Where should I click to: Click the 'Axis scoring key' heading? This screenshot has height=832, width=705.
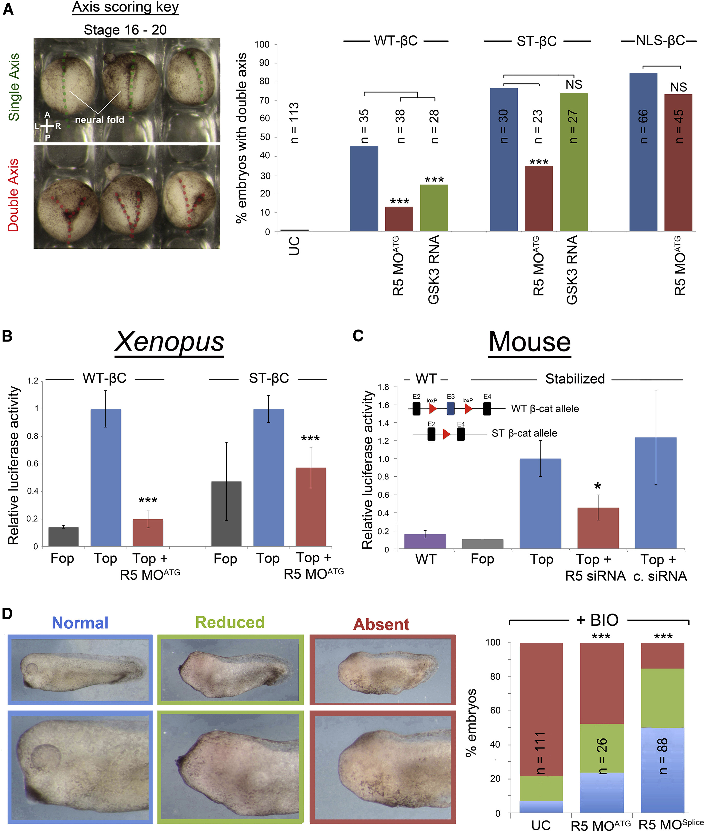(125, 8)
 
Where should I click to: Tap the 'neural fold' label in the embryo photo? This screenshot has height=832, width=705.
(100, 119)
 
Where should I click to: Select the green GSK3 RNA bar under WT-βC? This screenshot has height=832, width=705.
(434, 208)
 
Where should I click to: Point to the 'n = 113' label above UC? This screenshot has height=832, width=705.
(294, 123)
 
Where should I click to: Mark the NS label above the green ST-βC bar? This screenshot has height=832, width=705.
(574, 85)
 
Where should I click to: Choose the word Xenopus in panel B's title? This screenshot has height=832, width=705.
(169, 342)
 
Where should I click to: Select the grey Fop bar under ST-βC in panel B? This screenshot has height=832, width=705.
(226, 513)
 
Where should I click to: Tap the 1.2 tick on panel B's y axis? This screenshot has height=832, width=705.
(33, 381)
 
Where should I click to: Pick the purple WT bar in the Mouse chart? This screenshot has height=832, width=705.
(425, 541)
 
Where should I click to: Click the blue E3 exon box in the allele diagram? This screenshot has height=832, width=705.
(450, 408)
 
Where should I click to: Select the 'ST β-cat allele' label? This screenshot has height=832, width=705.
(524, 433)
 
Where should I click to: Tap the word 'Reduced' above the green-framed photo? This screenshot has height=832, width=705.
(230, 622)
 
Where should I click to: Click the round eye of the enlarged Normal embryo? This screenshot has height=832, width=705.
(45, 756)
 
